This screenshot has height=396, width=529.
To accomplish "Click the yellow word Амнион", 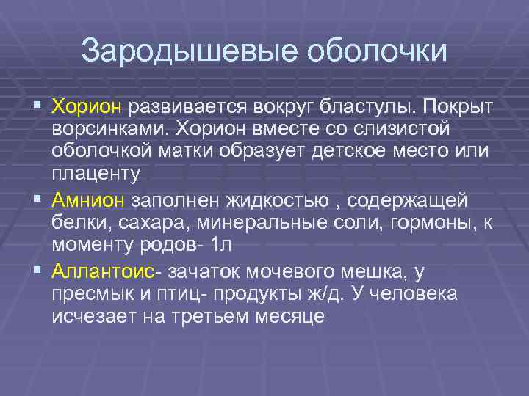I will (x=89, y=201).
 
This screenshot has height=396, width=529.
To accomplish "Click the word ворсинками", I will (x=111, y=131).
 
